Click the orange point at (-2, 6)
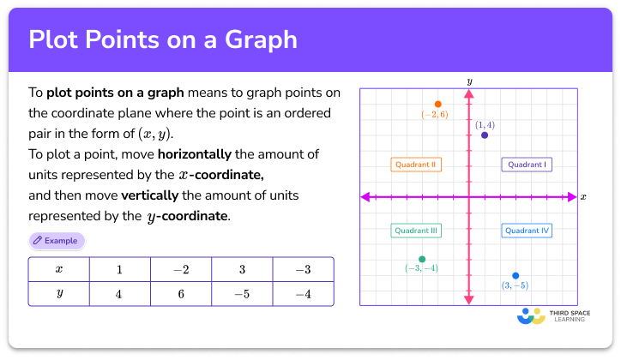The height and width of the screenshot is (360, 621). (x=437, y=104)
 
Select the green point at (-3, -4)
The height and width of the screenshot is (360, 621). (x=422, y=259)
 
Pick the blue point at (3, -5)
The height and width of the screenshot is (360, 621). (x=515, y=275)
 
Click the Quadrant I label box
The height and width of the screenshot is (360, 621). (x=528, y=164)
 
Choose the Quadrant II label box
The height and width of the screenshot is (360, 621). (x=416, y=164)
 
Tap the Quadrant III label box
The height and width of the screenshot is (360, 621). (x=416, y=231)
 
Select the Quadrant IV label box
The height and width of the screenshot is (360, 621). (x=528, y=231)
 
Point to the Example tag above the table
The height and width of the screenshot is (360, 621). (x=57, y=241)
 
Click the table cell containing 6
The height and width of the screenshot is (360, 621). (x=181, y=294)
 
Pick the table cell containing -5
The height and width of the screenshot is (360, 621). (x=243, y=294)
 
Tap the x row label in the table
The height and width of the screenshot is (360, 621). (x=59, y=269)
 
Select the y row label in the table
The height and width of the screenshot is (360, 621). (x=59, y=294)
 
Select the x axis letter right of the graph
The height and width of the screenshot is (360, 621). (x=583, y=197)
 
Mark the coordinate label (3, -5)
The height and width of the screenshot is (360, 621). (x=515, y=286)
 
